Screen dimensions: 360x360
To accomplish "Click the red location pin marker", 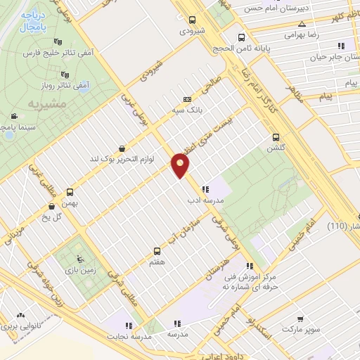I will tap(181, 165).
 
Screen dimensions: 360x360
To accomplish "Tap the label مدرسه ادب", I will tap(205, 200).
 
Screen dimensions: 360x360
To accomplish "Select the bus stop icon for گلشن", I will tap(276, 138).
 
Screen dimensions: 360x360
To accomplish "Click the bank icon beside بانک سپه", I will tap(186, 100).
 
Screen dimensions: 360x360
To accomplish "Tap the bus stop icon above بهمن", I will tap(70, 192).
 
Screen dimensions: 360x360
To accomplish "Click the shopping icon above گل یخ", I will tap(52, 207).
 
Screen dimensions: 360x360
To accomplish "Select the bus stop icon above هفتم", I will tap(157, 250).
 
